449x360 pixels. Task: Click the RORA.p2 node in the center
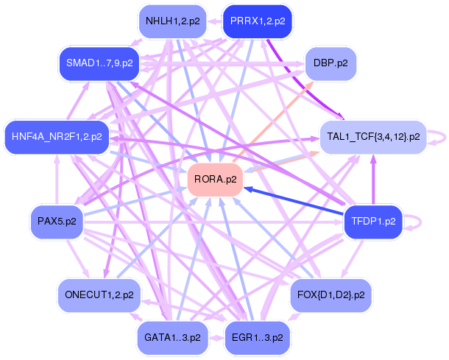coord(215,180)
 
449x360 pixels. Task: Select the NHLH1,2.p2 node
coord(173,21)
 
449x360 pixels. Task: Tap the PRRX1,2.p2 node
coord(258,21)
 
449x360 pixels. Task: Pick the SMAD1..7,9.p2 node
coord(99,63)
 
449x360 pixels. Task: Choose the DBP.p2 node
coord(330,63)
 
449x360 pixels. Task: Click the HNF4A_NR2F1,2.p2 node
coord(57,137)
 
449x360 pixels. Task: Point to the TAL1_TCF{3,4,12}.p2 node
coord(373,137)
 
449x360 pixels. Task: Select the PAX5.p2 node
coord(57,222)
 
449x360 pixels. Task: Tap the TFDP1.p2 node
coord(373,222)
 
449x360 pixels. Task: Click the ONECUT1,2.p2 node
coord(99,295)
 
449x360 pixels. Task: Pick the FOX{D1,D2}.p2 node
coord(330,295)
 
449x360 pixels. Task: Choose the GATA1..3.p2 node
coord(173,338)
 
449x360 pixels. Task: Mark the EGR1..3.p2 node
coord(258,338)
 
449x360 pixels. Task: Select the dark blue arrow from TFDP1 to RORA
coord(294,201)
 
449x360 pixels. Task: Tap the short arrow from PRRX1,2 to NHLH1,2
coord(215,21)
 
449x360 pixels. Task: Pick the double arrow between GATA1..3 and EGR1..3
coord(216,338)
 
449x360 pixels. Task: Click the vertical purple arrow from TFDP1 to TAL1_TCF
coord(373,180)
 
